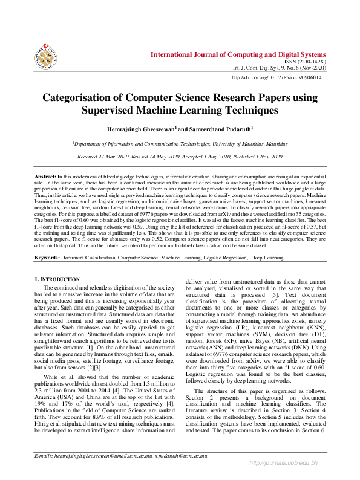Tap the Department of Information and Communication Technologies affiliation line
coord(180,144)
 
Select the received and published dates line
coord(180,157)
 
